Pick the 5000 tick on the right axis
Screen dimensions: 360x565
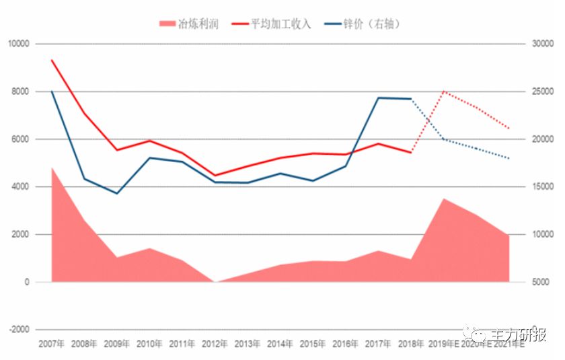point(541,282)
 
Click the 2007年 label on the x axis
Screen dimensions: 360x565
point(52,344)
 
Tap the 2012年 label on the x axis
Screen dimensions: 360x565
point(215,344)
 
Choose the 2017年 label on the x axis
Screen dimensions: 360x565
point(378,344)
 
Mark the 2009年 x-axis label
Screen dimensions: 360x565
point(117,344)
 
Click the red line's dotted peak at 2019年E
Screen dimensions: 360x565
point(444,91)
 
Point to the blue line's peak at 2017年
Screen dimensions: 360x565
point(379,98)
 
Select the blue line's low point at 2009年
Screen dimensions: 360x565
point(117,194)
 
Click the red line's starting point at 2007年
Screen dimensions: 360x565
point(52,60)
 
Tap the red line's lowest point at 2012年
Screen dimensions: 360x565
point(215,176)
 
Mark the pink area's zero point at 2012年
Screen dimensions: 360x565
point(215,282)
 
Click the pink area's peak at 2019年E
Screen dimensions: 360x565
point(444,199)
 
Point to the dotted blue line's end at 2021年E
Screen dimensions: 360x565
point(509,159)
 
